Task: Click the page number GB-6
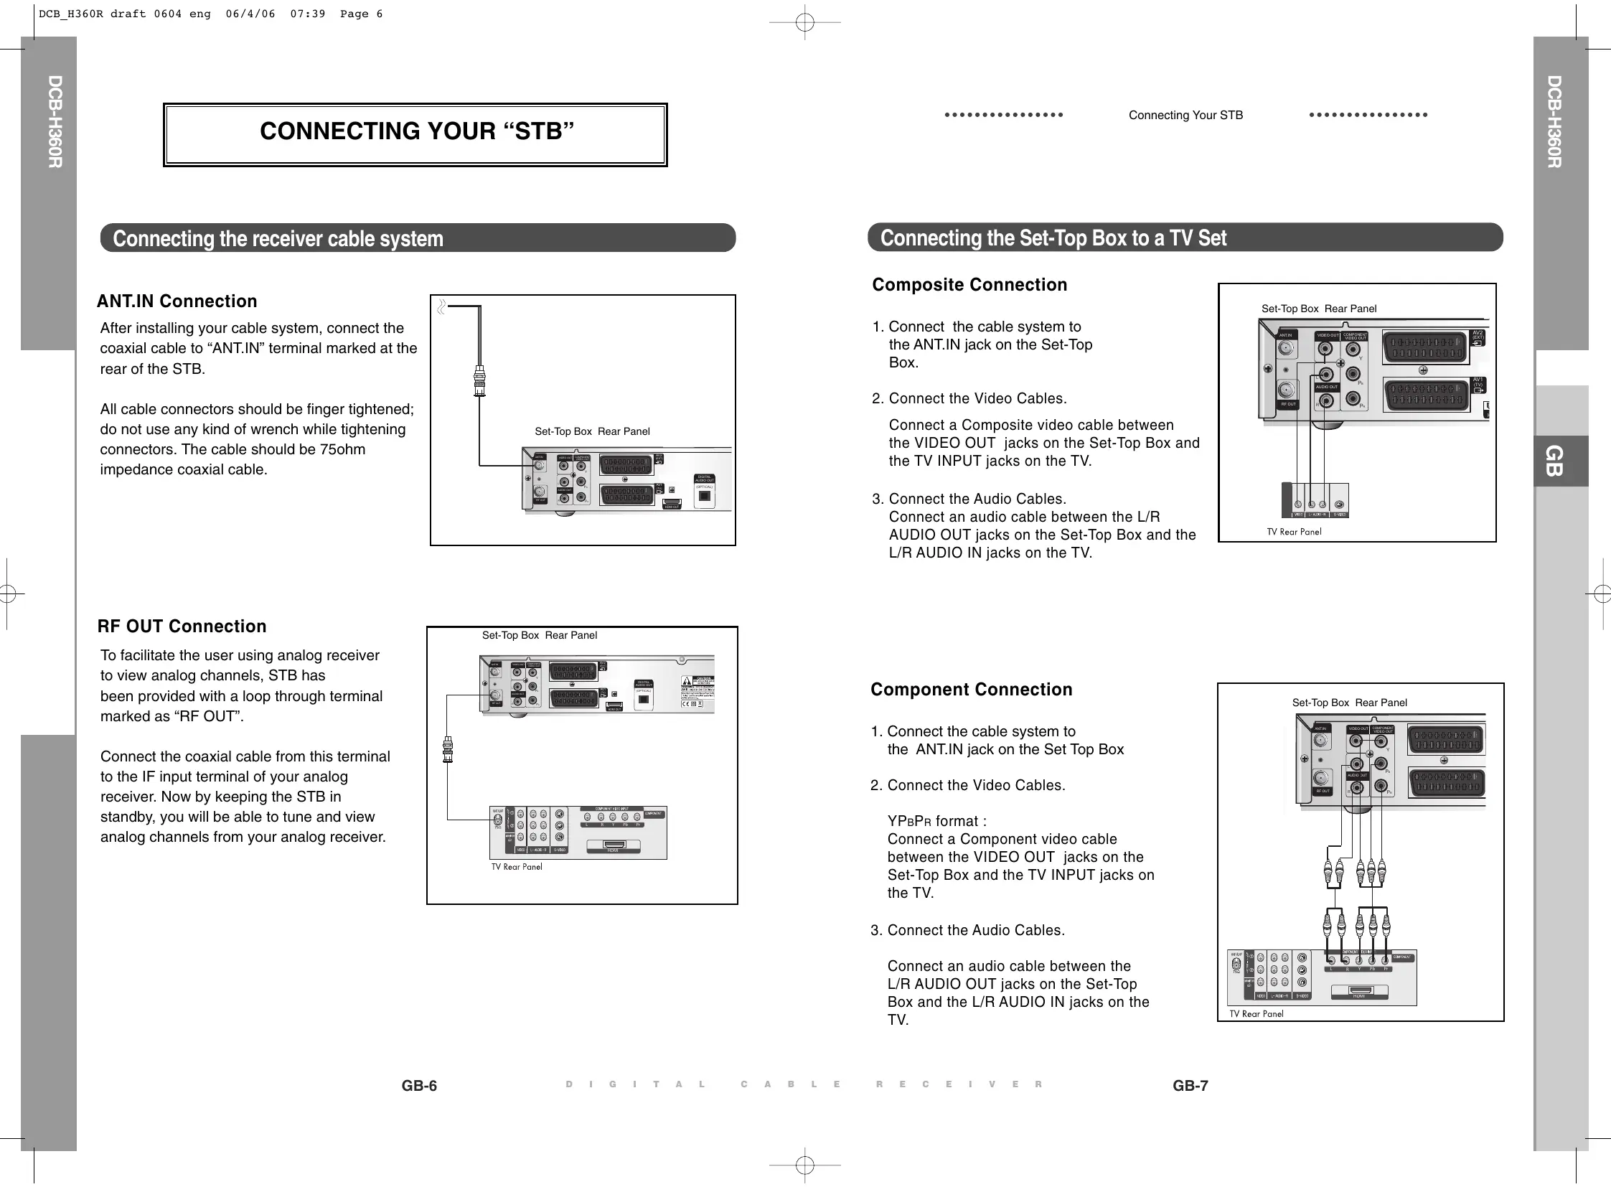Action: [419, 1086]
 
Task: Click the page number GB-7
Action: [1190, 1086]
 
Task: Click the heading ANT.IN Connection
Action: [177, 301]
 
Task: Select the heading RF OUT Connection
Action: [182, 626]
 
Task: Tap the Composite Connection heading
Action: [969, 284]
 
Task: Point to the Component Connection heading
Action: [972, 689]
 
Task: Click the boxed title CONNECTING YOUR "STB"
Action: [416, 131]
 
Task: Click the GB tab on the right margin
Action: [1554, 461]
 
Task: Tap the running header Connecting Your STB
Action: [1185, 115]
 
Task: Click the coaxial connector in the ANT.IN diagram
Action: [479, 380]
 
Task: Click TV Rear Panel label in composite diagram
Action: [1294, 532]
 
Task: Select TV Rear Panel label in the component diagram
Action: [1256, 1014]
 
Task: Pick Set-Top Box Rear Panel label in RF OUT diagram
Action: [539, 635]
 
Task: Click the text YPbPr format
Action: [936, 821]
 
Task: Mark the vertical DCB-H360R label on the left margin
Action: [55, 121]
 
